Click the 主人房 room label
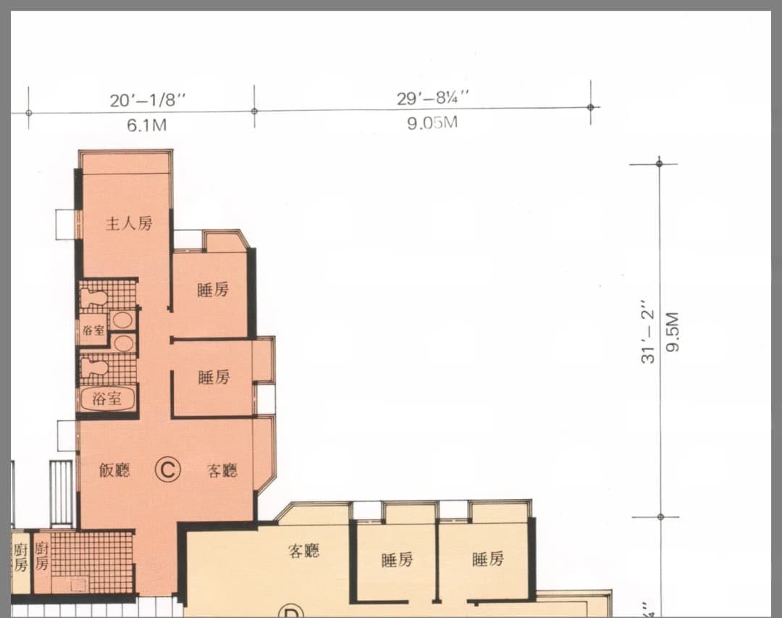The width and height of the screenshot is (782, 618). click(129, 223)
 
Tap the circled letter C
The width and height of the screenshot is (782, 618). click(167, 469)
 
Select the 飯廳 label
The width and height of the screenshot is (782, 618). click(114, 469)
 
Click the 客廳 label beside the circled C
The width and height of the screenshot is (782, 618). click(222, 470)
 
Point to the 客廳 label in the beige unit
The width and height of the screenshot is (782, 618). click(303, 551)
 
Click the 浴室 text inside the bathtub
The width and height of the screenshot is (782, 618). click(106, 398)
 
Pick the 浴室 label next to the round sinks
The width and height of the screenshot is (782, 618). click(93, 330)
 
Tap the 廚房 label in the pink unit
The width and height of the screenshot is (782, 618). click(41, 557)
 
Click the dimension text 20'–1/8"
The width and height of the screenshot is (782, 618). click(148, 100)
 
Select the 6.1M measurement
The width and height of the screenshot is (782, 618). click(146, 125)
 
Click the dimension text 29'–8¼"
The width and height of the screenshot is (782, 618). click(434, 97)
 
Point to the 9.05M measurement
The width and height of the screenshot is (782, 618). click(432, 122)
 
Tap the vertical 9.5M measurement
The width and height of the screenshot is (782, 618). click(673, 332)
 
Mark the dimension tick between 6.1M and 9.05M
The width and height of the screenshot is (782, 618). click(254, 111)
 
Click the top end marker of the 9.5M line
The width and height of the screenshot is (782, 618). click(660, 164)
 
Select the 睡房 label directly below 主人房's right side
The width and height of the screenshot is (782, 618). click(213, 290)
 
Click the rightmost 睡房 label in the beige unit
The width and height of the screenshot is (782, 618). click(488, 559)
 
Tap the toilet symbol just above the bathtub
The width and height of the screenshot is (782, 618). click(95, 368)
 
